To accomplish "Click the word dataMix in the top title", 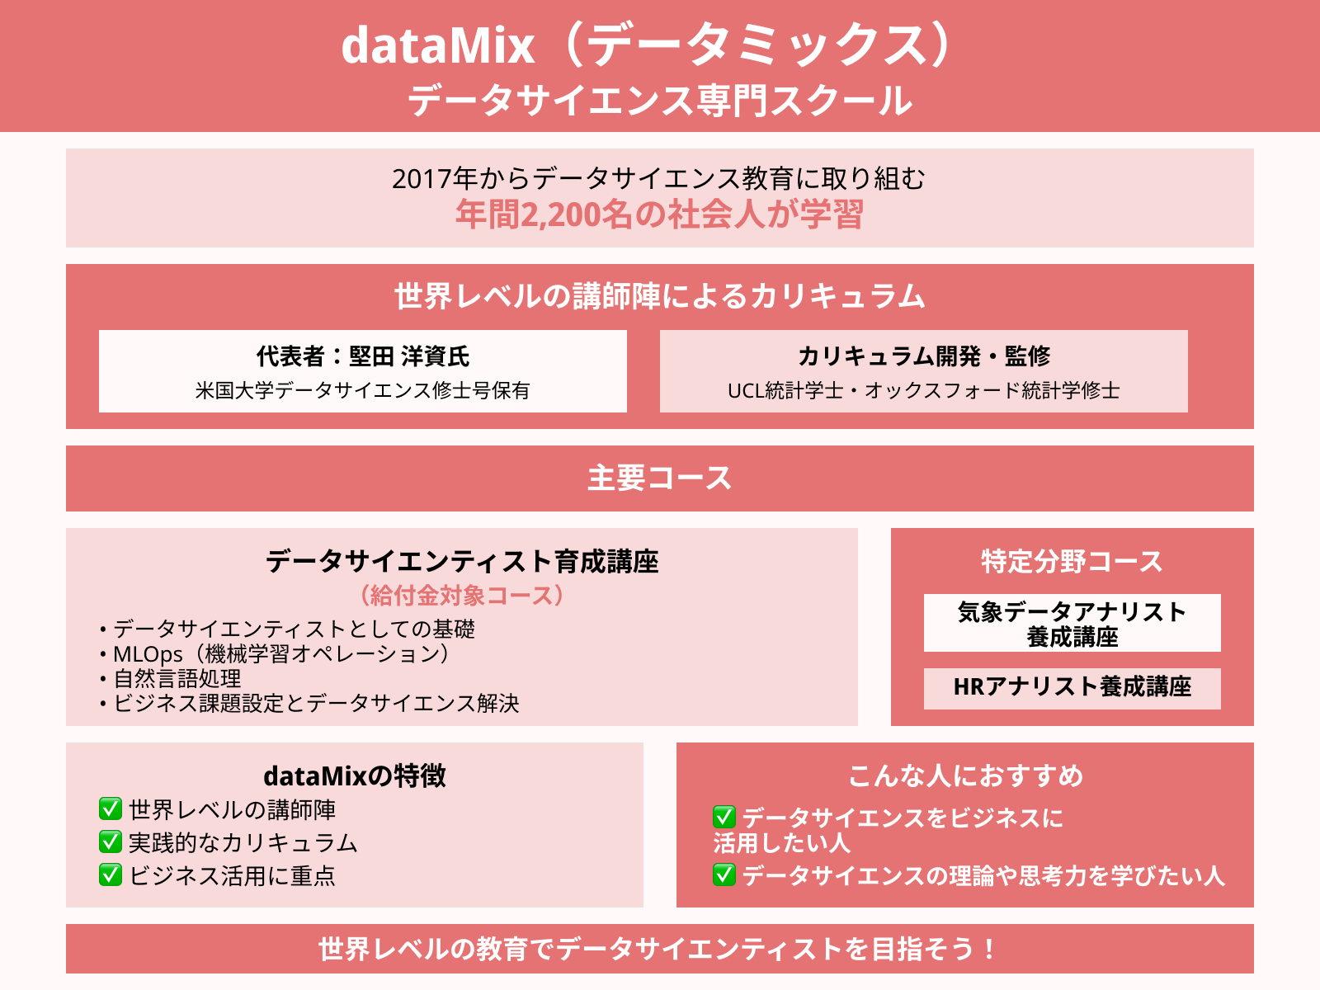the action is tap(438, 45).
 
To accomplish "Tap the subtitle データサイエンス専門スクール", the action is tap(660, 100).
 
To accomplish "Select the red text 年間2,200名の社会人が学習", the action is tap(660, 214).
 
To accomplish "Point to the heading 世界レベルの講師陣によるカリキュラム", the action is tap(660, 296).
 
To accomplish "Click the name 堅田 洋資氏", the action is tap(409, 356).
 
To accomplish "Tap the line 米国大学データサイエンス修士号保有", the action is tap(363, 390).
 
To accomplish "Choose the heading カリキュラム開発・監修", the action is tap(924, 356).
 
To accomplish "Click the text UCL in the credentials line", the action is tap(746, 391).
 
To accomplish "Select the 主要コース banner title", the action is tap(660, 478).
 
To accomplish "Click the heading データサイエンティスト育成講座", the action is tap(462, 562).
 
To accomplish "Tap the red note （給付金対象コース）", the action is tap(462, 595).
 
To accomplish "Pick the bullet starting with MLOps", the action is tap(275, 654).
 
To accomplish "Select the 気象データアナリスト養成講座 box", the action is tap(1072, 623).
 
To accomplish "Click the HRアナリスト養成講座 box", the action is tap(1072, 688).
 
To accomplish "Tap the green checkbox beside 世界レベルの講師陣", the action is tap(111, 808).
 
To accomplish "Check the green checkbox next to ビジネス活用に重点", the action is tap(111, 874).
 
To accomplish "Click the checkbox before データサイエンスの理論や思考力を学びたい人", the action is tap(724, 874).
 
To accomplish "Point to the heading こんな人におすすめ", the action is tap(965, 775).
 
